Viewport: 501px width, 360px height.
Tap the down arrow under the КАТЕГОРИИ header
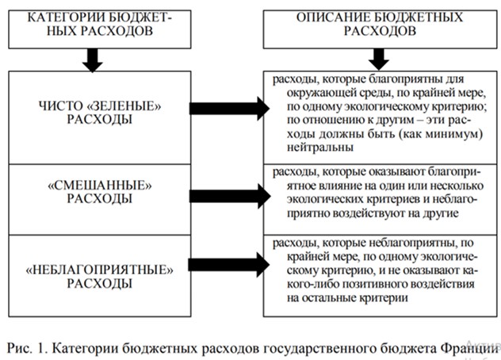(x=94, y=59)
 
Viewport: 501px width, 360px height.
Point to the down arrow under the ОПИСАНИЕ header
(x=378, y=59)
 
